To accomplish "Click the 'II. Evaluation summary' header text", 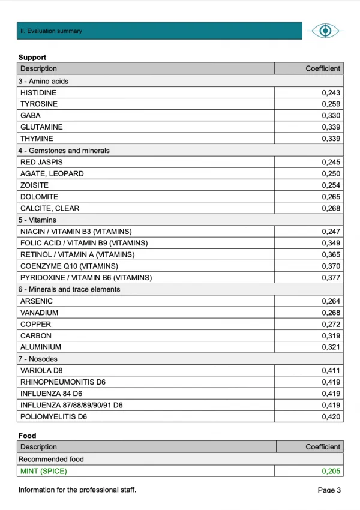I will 52,31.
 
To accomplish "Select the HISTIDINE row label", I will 38,93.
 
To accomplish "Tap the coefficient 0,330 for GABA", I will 331,116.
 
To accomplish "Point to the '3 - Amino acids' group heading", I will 43,81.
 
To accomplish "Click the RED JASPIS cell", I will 41,162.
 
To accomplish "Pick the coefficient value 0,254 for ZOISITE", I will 331,185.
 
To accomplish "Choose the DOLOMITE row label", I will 39,197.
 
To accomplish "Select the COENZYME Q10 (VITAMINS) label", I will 69,266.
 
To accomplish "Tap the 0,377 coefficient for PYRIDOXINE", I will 331,278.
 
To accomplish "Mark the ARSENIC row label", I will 37,301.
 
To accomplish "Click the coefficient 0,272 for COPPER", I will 331,324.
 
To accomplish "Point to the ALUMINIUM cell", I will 40,347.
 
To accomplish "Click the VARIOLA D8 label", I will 42,371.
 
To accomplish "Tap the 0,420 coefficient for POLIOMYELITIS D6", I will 331,416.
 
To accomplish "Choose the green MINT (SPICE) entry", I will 44,471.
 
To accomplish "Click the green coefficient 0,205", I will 331,471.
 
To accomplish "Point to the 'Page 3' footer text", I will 329,490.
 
